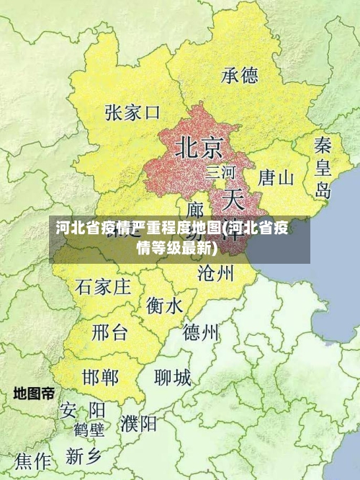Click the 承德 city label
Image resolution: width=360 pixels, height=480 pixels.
click(240, 75)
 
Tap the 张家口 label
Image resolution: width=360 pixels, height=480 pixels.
click(132, 112)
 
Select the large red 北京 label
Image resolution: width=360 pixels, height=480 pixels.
click(199, 147)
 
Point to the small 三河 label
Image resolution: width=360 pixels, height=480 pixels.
click(220, 172)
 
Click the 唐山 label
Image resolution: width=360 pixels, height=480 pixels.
click(276, 177)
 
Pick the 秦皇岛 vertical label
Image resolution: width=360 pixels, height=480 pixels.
click(323, 167)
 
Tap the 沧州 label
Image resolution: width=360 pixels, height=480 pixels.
click(216, 272)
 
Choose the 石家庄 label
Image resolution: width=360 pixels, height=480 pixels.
click(103, 287)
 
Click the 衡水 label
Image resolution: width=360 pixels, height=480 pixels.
click(165, 306)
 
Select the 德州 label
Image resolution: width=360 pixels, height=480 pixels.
click(201, 332)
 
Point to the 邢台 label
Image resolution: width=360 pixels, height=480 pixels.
click(110, 332)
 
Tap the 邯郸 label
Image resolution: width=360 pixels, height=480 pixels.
click(100, 377)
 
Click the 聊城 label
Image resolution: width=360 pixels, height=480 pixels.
click(173, 377)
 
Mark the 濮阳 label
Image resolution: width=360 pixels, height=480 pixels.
click(139, 423)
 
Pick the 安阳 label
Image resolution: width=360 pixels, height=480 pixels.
click(82, 410)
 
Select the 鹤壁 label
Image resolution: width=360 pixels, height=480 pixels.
click(89, 430)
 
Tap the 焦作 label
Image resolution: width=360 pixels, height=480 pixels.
click(34, 460)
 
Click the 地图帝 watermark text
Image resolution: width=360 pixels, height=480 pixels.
click(34, 394)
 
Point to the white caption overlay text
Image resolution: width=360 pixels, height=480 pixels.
click(173, 239)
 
